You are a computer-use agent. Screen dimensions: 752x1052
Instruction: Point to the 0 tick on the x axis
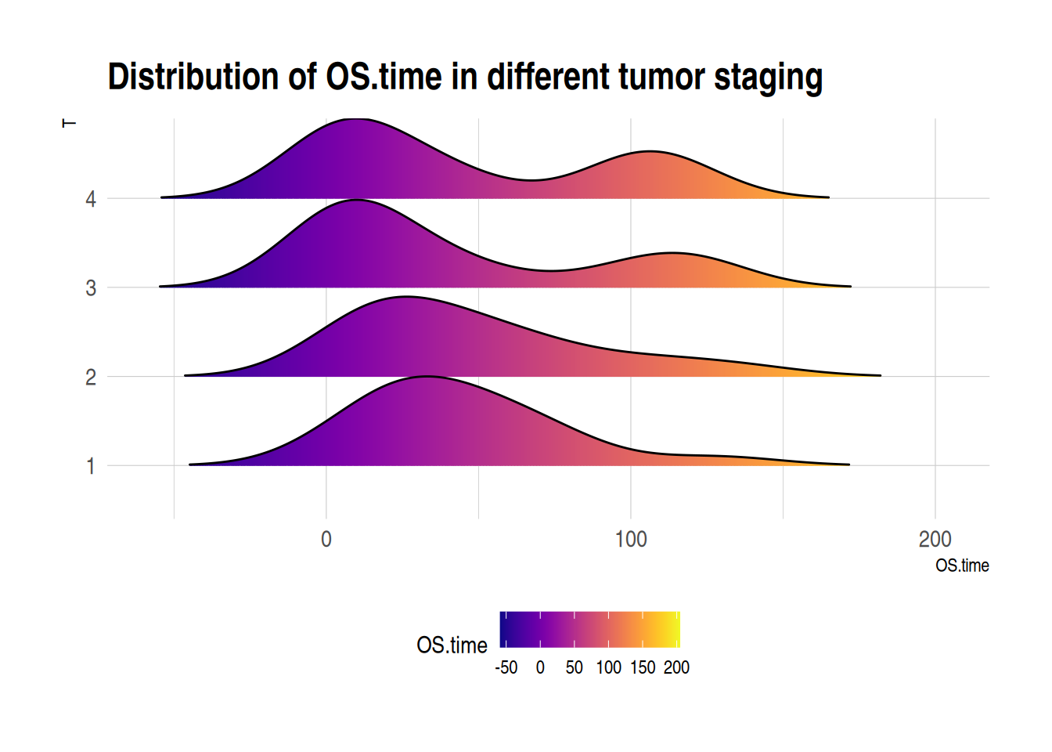326,539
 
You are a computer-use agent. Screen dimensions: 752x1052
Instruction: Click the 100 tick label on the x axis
631,539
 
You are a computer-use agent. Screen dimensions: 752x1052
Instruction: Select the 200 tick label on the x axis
935,539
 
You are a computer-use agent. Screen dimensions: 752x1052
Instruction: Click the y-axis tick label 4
91,199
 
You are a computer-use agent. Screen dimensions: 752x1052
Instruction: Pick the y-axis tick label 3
91,288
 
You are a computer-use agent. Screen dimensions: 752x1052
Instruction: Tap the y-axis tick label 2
91,378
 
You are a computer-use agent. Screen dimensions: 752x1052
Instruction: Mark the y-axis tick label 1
91,467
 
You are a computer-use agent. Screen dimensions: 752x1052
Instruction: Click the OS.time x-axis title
962,566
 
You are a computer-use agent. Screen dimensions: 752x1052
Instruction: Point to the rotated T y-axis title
70,124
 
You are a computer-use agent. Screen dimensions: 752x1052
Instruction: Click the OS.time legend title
452,645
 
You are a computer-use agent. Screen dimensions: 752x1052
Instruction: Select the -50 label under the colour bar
506,667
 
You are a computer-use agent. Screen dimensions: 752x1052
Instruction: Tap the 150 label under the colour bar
643,667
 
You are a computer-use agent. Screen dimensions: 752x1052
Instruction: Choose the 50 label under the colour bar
575,667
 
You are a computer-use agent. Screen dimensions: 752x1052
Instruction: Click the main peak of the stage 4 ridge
356,120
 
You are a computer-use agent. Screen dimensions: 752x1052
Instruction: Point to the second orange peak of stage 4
650,152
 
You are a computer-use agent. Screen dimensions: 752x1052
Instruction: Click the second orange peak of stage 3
672,254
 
